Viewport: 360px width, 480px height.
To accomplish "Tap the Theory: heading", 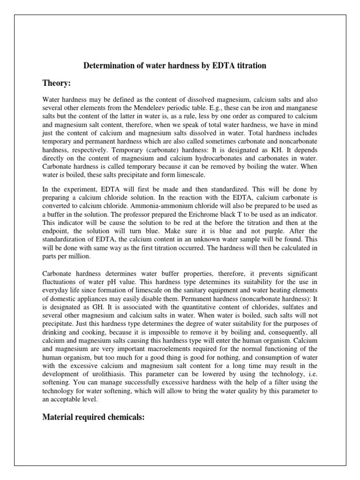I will pos(56,83).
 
